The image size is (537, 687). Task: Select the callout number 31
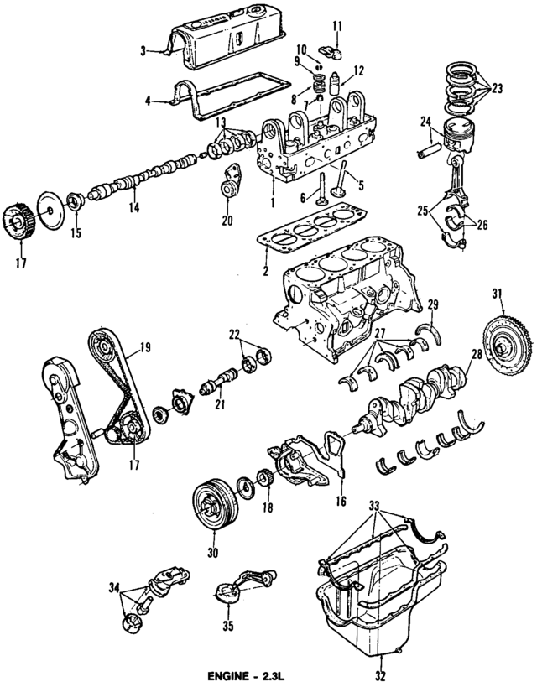[x=497, y=292]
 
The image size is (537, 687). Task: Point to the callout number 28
[x=476, y=354]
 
